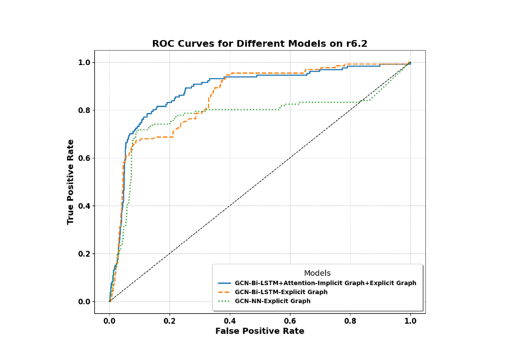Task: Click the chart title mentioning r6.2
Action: pyautogui.click(x=260, y=44)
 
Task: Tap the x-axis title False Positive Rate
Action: pyautogui.click(x=260, y=331)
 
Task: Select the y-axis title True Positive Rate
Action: pyautogui.click(x=70, y=182)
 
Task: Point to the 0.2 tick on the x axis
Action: pyautogui.click(x=169, y=321)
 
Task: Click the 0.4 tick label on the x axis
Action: pyautogui.click(x=230, y=321)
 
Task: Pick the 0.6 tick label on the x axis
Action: pyautogui.click(x=290, y=321)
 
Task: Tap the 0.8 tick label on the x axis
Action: pyautogui.click(x=350, y=321)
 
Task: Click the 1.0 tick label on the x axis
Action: pyautogui.click(x=410, y=321)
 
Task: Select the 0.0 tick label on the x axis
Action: pyautogui.click(x=109, y=321)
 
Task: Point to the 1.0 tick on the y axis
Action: pyautogui.click(x=84, y=62)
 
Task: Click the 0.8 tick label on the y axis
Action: pyautogui.click(x=84, y=110)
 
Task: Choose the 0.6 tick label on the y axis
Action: pyautogui.click(x=84, y=158)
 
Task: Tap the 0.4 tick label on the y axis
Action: pyautogui.click(x=84, y=206)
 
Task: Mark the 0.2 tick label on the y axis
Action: pyautogui.click(x=84, y=254)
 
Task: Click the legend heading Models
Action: pyautogui.click(x=317, y=273)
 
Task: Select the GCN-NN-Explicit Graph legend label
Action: pyautogui.click(x=272, y=301)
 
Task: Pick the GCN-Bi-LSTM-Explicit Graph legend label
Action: pyautogui.click(x=281, y=292)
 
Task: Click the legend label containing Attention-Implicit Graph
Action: pyautogui.click(x=325, y=283)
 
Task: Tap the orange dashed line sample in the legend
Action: pyautogui.click(x=224, y=292)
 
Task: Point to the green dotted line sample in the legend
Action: pyautogui.click(x=224, y=301)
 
